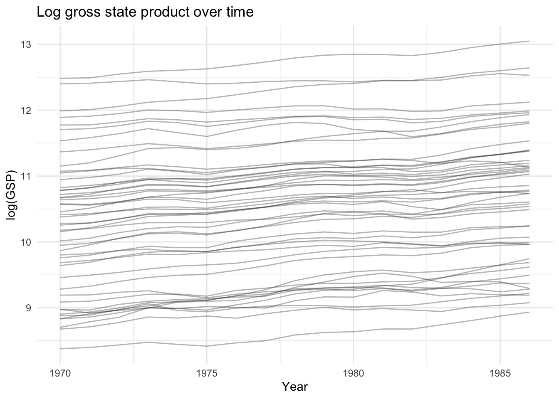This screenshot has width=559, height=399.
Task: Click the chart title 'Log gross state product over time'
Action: (145, 12)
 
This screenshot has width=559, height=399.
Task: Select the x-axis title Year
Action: (295, 387)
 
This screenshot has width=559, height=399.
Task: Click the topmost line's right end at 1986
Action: (529, 41)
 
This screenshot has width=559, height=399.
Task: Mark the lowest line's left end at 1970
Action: (60, 349)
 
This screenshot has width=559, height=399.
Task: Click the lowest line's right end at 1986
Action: (529, 312)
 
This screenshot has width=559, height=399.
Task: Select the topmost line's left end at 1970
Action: (60, 78)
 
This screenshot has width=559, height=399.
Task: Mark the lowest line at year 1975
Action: (207, 346)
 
